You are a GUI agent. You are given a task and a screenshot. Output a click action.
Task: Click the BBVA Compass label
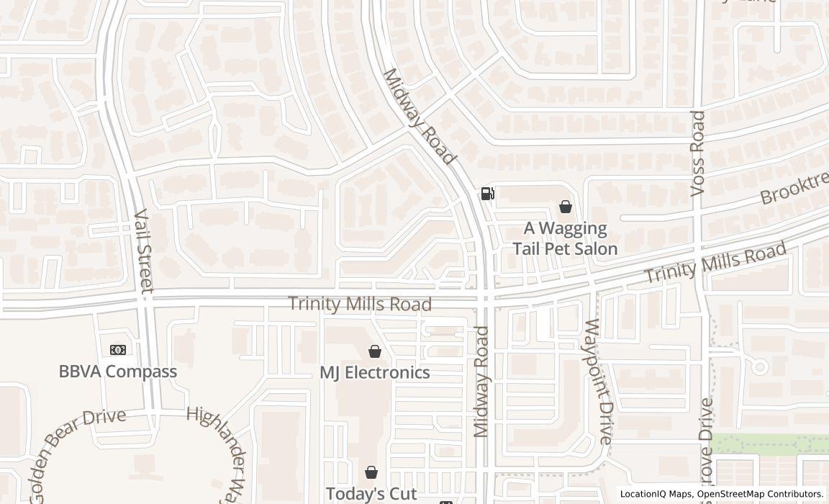(x=117, y=372)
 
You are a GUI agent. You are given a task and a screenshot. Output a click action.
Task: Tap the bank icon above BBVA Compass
(x=117, y=350)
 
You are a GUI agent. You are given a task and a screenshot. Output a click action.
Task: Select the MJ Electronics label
(x=374, y=372)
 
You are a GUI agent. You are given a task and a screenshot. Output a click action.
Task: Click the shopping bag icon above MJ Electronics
(x=374, y=351)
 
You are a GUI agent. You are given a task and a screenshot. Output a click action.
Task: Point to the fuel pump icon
(x=487, y=194)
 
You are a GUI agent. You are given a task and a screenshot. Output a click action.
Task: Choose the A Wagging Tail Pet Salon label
(x=565, y=238)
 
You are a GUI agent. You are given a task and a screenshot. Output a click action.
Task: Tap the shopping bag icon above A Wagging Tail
(x=566, y=207)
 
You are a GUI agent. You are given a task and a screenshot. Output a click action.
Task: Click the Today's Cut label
(x=371, y=494)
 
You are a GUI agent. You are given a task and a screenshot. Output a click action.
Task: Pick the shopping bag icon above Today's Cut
(x=371, y=472)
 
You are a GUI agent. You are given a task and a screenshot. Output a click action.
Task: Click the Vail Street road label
(x=144, y=251)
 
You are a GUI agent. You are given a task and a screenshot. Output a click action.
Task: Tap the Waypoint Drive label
(x=599, y=382)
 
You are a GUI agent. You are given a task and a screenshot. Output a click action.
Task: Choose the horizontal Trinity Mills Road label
(x=360, y=304)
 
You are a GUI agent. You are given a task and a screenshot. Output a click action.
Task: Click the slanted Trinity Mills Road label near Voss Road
(x=714, y=264)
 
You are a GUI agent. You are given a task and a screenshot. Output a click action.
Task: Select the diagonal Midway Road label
(x=419, y=117)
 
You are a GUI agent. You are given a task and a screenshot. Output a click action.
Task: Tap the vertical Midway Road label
(x=481, y=382)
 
